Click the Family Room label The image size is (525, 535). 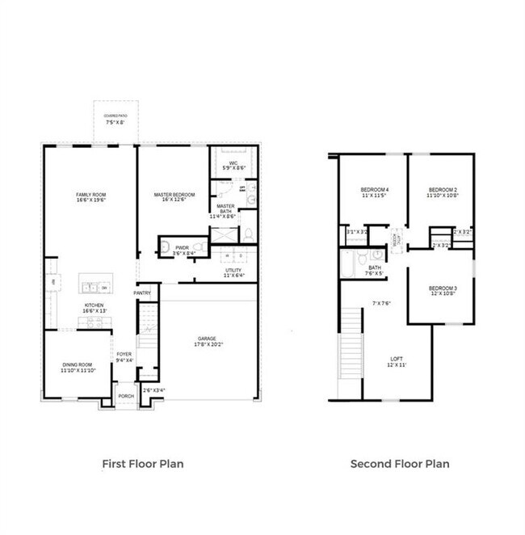pyautogui.click(x=91, y=197)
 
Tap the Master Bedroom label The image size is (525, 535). pyautogui.click(x=174, y=197)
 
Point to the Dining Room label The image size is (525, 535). pyautogui.click(x=78, y=367)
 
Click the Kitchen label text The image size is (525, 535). pyautogui.click(x=94, y=308)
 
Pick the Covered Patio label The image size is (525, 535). pyautogui.click(x=115, y=119)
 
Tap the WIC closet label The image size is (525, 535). pyautogui.click(x=233, y=164)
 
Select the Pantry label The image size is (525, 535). pyautogui.click(x=143, y=293)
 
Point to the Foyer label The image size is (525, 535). pyautogui.click(x=124, y=356)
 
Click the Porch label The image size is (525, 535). pyautogui.click(x=126, y=396)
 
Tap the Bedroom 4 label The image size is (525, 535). pyautogui.click(x=374, y=192)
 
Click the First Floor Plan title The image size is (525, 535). pyautogui.click(x=142, y=464)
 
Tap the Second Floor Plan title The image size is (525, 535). pyautogui.click(x=399, y=464)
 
